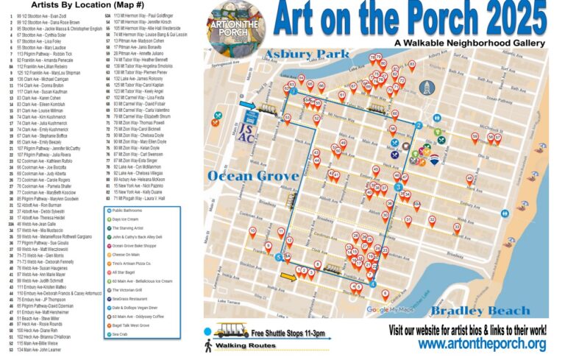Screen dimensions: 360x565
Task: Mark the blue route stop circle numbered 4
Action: point(373,284)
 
